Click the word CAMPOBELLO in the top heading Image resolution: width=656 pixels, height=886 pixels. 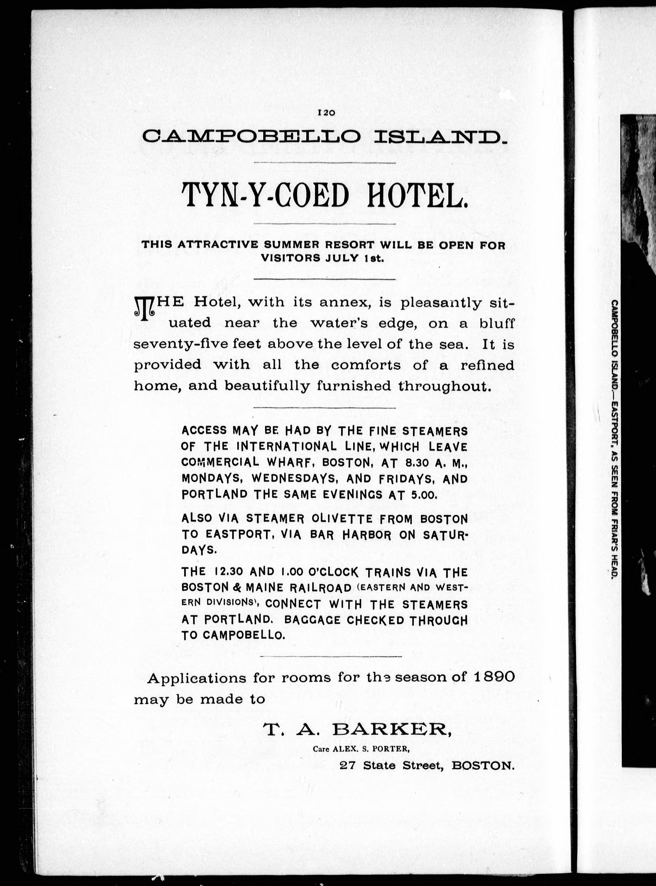pos(251,137)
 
